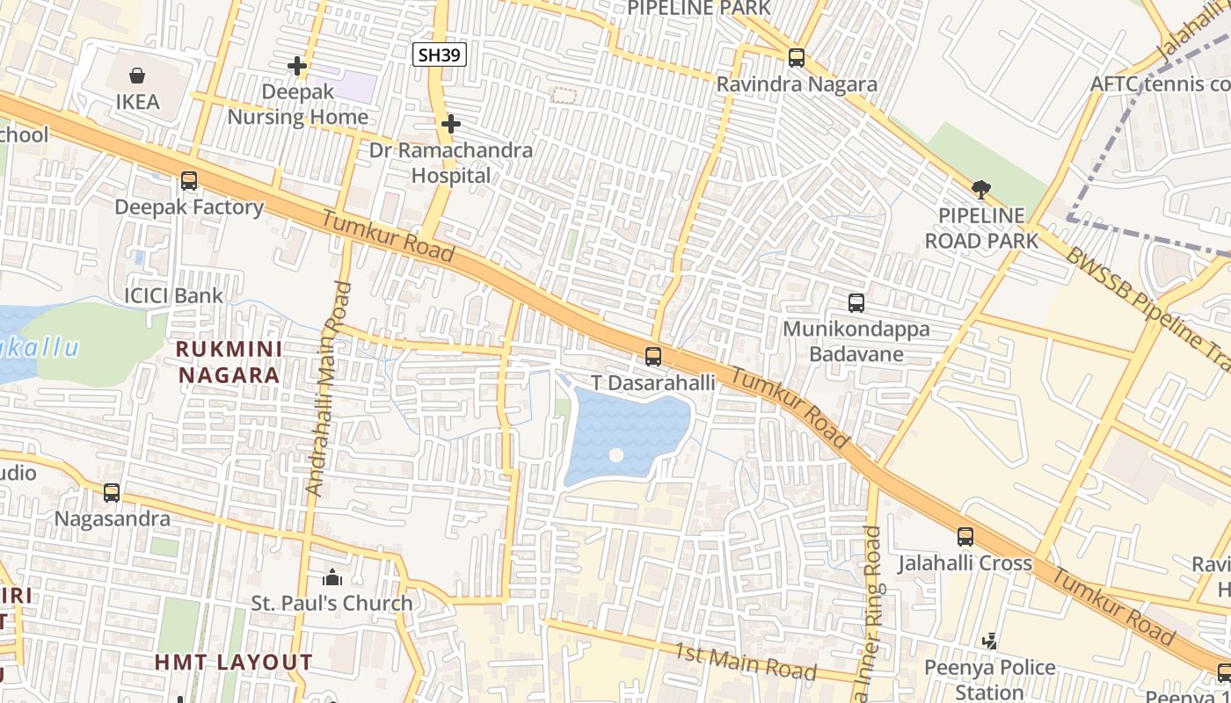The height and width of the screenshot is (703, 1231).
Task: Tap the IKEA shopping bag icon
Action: coord(138,76)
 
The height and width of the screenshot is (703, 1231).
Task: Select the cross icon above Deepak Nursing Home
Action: coord(297,66)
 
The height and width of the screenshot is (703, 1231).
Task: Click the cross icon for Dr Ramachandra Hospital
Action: coord(450,124)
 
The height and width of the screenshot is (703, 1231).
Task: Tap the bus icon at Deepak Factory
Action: coord(189,181)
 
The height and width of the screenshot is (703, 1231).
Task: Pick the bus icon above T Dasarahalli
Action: coord(652,357)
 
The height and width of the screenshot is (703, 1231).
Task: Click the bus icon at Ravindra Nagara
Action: coord(797,58)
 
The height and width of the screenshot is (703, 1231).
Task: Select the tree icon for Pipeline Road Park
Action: coord(981,189)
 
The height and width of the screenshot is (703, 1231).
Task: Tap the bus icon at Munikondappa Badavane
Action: coord(856,303)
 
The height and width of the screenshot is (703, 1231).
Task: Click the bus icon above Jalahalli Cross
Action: coord(965,536)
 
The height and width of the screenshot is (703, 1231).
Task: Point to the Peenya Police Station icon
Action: coord(990,641)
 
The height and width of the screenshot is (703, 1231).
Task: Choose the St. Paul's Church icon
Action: coord(331,577)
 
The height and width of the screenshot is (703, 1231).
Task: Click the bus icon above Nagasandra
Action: coord(112,492)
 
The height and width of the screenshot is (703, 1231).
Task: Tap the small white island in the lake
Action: coord(616,455)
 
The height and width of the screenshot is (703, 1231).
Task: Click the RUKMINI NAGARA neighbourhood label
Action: coord(229,362)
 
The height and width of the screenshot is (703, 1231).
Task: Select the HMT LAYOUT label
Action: coord(234,662)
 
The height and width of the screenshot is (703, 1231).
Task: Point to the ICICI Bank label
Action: coord(173,295)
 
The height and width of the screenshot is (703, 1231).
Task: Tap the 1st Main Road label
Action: coord(745,662)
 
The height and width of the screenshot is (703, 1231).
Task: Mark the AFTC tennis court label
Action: coord(1159,83)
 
